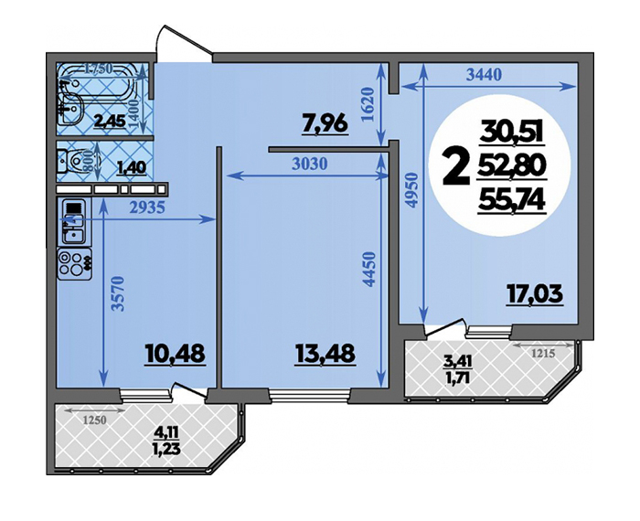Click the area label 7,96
[x=325, y=123]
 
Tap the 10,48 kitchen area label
[x=175, y=354]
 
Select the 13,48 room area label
[x=325, y=354]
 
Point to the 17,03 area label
[x=535, y=293]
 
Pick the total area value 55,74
[x=512, y=201]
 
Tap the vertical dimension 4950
[x=413, y=190]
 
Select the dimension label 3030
[x=310, y=164]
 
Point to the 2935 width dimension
[x=147, y=207]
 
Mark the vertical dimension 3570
[x=118, y=293]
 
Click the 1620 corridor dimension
[x=368, y=104]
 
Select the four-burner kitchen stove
[x=74, y=264]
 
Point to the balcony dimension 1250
[x=95, y=420]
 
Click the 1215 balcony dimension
[x=544, y=354]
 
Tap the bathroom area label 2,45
[x=110, y=121]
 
